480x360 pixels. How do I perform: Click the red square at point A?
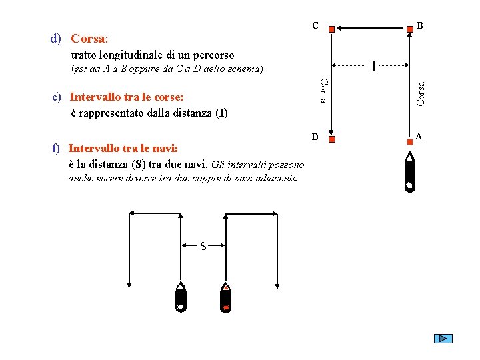point(410,142)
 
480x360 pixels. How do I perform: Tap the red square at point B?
point(410,29)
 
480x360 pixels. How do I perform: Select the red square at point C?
point(331,29)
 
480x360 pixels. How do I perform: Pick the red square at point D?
point(332,139)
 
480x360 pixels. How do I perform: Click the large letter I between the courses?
point(373,66)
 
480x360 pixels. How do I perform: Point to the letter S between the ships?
point(203,246)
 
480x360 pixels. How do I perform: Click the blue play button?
point(443,338)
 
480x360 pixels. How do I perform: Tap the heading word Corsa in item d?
point(88,39)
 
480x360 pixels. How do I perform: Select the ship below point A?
point(409,172)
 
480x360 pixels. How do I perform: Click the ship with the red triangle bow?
point(225,297)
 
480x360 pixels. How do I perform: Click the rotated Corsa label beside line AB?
point(421,94)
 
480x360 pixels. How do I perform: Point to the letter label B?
point(420,25)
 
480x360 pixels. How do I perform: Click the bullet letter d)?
point(56,39)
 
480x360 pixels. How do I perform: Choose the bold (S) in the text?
point(139,165)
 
